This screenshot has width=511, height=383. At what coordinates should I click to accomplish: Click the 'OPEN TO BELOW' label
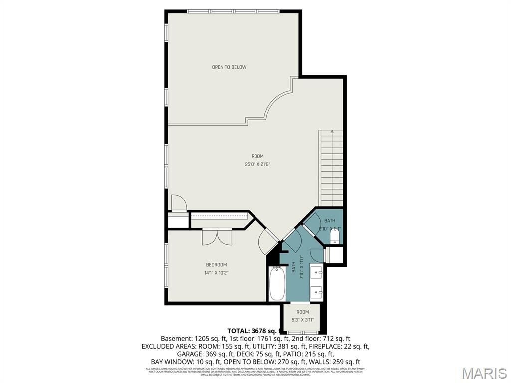pyautogui.click(x=229, y=67)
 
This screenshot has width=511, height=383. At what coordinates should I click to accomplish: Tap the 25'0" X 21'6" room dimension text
pyautogui.click(x=257, y=164)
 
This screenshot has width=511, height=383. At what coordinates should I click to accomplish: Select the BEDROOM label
pyautogui.click(x=216, y=265)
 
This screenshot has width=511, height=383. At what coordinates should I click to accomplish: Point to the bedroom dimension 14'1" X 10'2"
pyautogui.click(x=216, y=273)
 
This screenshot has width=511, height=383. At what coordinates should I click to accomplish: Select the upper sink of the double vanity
pyautogui.click(x=316, y=273)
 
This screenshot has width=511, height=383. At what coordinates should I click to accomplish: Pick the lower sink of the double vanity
pyautogui.click(x=316, y=291)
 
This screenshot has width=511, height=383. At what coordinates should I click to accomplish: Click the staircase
pyautogui.click(x=332, y=170)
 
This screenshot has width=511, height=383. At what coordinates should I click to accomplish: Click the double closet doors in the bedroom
pyautogui.click(x=217, y=237)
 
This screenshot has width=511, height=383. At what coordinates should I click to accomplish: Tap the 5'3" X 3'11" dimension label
pyautogui.click(x=303, y=320)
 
